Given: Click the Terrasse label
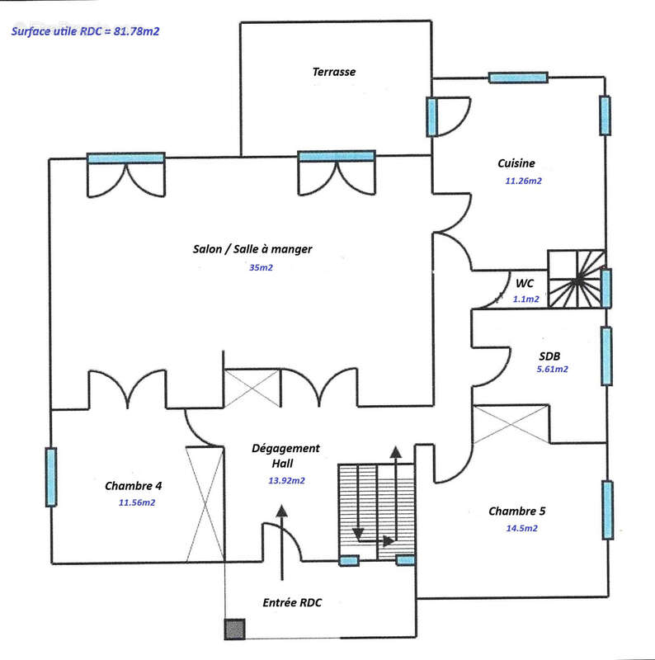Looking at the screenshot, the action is [334, 72].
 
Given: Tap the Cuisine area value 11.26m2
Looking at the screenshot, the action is [523, 181].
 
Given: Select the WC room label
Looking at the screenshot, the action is [525, 283].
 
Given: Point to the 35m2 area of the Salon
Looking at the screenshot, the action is [261, 267].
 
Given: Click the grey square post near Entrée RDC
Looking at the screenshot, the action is [234, 629].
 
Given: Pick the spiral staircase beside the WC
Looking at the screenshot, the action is [577, 279].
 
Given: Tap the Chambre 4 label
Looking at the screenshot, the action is [133, 486].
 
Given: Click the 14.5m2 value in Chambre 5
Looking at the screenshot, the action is [521, 528].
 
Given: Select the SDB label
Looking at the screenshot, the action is [549, 356].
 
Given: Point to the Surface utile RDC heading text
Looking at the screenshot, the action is [85, 31].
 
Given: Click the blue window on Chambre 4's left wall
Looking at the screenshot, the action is [51, 477].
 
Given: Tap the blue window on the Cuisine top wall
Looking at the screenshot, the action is [518, 78].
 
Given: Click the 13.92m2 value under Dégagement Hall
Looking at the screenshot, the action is [286, 480].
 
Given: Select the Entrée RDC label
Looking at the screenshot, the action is [292, 603].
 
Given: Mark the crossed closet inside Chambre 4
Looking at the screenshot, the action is [205, 504].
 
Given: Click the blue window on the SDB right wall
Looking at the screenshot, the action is [606, 356].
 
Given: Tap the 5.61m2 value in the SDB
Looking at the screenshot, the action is [552, 369].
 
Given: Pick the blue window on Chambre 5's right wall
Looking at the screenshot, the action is [607, 510].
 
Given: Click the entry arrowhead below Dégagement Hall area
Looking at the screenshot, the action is [281, 511].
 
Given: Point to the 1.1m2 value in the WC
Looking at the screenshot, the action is [525, 299].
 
